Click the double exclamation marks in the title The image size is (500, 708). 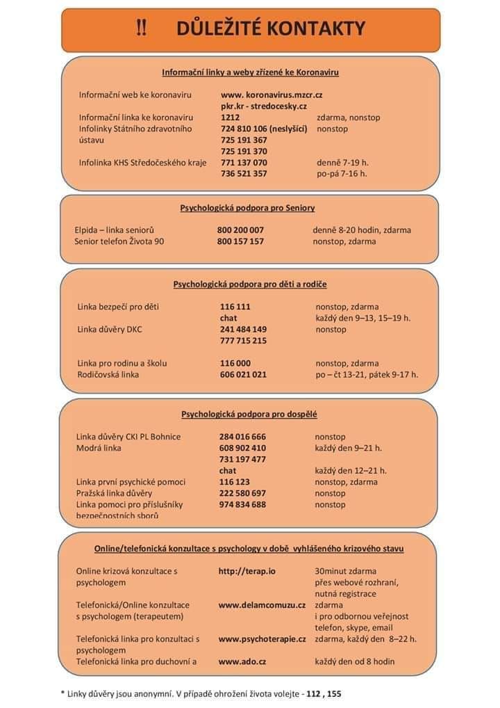click(x=141, y=29)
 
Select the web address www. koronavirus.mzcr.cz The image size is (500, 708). click(x=272, y=95)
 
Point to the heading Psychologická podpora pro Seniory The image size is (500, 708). click(x=247, y=207)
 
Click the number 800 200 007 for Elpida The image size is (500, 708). click(x=240, y=230)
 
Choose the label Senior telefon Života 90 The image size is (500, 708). click(x=119, y=241)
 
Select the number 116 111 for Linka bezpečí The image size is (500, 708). click(x=235, y=306)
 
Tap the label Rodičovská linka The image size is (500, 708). click(x=108, y=374)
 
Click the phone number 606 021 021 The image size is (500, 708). click(x=243, y=374)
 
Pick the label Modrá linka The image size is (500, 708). click(x=99, y=448)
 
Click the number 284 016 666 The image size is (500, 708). click(x=242, y=437)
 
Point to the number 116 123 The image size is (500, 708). click(x=235, y=482)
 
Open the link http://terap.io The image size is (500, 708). click(x=247, y=571)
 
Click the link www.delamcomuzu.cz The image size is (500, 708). click(x=262, y=605)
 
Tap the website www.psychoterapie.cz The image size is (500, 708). click(x=262, y=638)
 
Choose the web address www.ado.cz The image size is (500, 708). click(x=242, y=661)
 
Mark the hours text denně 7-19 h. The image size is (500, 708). click(x=342, y=163)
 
